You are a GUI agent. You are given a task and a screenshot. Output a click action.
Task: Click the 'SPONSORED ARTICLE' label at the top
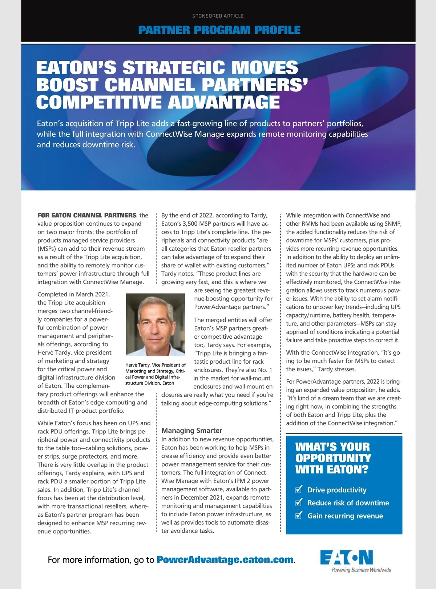[218, 16]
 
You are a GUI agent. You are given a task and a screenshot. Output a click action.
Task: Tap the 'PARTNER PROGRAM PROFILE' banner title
[219, 30]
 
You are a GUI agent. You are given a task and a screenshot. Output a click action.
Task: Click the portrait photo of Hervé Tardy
[156, 324]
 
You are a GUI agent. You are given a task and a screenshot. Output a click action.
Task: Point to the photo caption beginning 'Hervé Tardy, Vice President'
[156, 374]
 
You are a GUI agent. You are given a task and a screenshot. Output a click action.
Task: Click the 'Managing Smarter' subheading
[191, 431]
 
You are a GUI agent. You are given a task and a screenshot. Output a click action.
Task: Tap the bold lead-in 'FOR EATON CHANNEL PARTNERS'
[87, 215]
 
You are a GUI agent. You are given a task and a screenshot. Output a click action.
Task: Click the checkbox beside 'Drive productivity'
[299, 489]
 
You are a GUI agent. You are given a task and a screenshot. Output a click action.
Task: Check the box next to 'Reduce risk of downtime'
[299, 503]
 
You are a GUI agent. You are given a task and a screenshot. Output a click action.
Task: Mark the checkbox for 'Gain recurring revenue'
[299, 515]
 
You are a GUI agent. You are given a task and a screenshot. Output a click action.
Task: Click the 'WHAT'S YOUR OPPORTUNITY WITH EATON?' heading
[333, 458]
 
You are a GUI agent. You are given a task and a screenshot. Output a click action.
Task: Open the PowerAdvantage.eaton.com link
[225, 560]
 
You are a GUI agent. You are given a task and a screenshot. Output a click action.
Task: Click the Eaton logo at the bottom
[346, 557]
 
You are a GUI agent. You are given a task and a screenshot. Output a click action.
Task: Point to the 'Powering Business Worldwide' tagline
[361, 570]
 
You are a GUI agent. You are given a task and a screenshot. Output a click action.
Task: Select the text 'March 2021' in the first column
[93, 294]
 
